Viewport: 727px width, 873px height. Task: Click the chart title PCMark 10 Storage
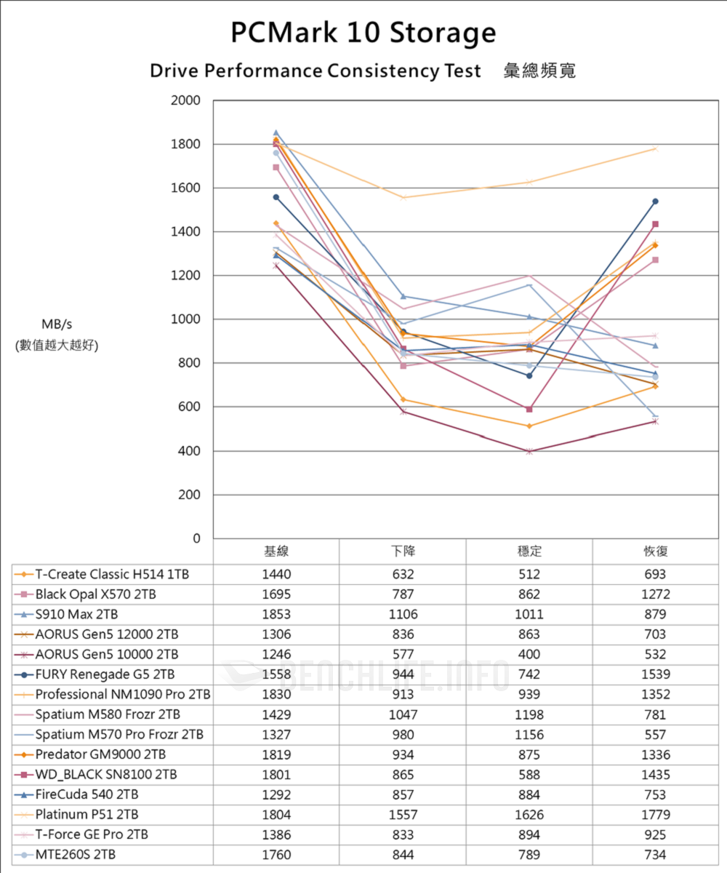pos(363,33)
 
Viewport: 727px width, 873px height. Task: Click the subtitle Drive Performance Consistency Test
pos(315,71)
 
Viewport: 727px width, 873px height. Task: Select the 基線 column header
pos(276,551)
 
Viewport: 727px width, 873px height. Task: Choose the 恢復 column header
pos(656,551)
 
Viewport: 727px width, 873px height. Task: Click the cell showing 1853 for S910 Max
pos(276,614)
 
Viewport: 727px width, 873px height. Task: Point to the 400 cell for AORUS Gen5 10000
pos(529,654)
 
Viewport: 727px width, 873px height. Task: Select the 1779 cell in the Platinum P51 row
pos(656,814)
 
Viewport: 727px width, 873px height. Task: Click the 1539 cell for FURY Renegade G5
pos(656,674)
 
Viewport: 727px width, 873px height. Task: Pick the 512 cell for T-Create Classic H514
pos(529,574)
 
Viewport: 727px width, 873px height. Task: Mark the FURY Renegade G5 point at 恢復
pos(656,202)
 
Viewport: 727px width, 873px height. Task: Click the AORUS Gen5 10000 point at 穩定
pos(529,451)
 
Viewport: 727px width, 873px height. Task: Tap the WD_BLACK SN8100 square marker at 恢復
pos(656,224)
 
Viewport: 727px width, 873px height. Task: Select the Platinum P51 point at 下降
pos(403,198)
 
